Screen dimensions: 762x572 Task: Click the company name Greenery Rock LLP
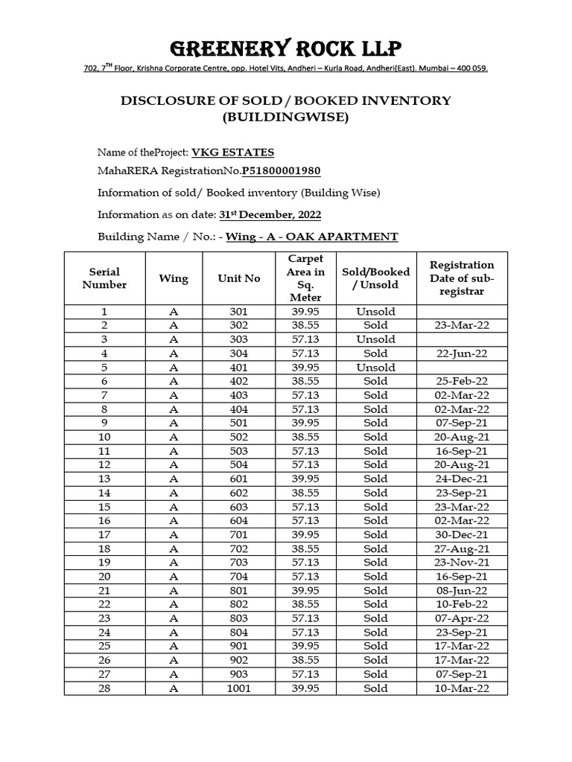pyautogui.click(x=286, y=49)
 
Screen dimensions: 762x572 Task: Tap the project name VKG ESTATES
pyautogui.click(x=232, y=153)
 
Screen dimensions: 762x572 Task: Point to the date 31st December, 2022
pyautogui.click(x=270, y=215)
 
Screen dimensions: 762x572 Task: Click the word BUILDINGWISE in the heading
pyautogui.click(x=286, y=118)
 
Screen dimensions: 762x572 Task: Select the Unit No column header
pyautogui.click(x=239, y=278)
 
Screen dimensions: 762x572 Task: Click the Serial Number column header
pyautogui.click(x=104, y=278)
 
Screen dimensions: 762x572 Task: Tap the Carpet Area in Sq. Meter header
pyautogui.click(x=305, y=278)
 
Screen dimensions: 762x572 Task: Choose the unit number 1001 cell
pyautogui.click(x=239, y=688)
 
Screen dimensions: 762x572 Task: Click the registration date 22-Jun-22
pyautogui.click(x=462, y=353)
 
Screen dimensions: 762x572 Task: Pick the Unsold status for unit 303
pyautogui.click(x=376, y=339)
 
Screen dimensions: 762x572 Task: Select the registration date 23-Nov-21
pyautogui.click(x=462, y=563)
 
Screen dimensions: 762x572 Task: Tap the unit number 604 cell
pyautogui.click(x=239, y=521)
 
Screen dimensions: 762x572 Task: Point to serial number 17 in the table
pyautogui.click(x=104, y=534)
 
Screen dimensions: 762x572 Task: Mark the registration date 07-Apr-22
pyautogui.click(x=462, y=618)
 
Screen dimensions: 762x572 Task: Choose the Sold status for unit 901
pyautogui.click(x=376, y=646)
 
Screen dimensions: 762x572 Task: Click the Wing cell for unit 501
pyautogui.click(x=174, y=423)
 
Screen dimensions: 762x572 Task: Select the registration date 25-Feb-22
pyautogui.click(x=462, y=381)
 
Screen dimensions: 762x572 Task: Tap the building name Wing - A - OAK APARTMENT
pyautogui.click(x=312, y=237)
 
